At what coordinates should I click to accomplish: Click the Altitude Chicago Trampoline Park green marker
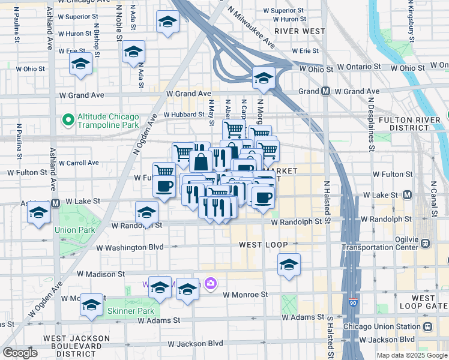coord(68,121)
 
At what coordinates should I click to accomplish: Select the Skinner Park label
coord(130,311)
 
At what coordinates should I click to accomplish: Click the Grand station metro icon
coord(325,91)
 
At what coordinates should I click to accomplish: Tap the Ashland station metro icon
coord(55,203)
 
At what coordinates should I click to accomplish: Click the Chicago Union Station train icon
coord(427,326)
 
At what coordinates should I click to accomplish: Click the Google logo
coord(20,353)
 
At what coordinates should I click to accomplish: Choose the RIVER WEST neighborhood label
coord(300,31)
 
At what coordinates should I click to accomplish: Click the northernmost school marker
coord(167,22)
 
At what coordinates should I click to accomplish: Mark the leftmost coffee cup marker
coord(164,185)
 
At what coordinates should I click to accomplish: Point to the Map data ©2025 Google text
coord(412,355)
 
